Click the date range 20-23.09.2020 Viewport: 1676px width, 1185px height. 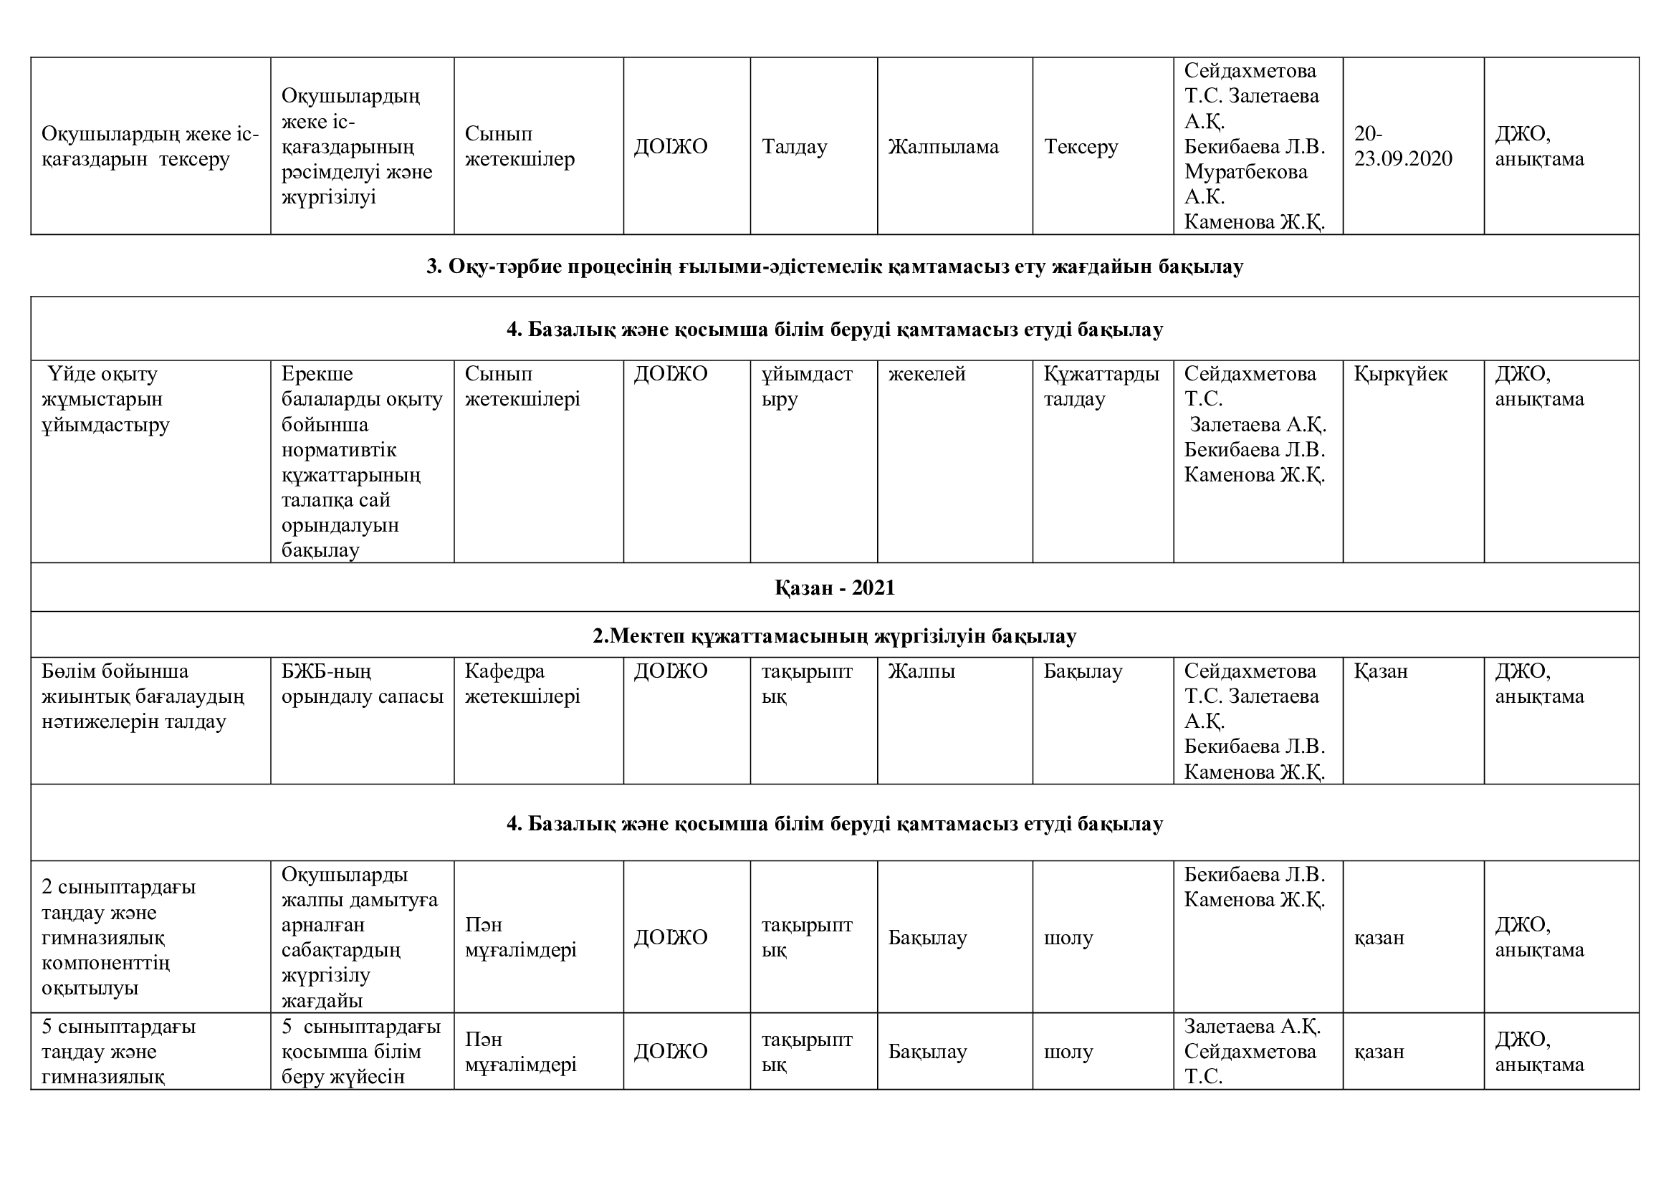click(x=1402, y=147)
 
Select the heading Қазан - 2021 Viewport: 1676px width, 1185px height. click(x=834, y=588)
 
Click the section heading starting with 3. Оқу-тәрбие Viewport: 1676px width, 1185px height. click(x=834, y=267)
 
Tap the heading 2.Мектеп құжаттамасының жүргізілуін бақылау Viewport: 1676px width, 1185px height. click(x=834, y=636)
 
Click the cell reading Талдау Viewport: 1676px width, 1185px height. click(x=794, y=147)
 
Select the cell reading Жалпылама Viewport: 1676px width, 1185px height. click(x=943, y=147)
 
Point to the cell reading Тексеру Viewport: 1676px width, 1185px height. click(x=1081, y=147)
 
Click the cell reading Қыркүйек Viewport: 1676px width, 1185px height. click(x=1400, y=374)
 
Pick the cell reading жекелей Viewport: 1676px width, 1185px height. click(x=926, y=374)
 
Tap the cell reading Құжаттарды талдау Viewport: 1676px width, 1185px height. click(x=1101, y=387)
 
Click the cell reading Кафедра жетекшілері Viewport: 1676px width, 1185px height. click(x=522, y=683)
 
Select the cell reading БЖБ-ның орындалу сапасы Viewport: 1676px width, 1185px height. click(x=362, y=683)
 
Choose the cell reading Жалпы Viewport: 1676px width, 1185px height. click(x=921, y=671)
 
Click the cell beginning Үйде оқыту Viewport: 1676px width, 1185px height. click(x=105, y=399)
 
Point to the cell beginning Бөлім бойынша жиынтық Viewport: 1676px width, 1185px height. click(x=143, y=696)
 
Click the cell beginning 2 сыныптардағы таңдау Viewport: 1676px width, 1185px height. click(x=118, y=938)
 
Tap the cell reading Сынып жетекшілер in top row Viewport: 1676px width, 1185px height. click(x=519, y=147)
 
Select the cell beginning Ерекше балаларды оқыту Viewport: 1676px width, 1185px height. click(x=361, y=462)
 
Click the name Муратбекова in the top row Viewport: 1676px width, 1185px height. click(x=1245, y=172)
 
